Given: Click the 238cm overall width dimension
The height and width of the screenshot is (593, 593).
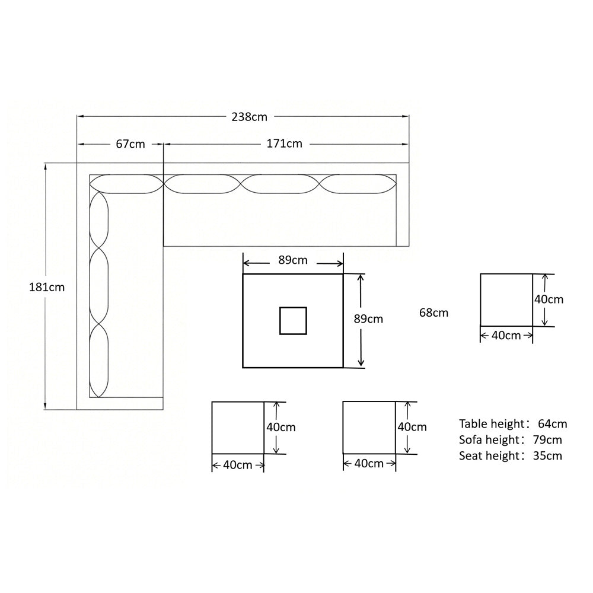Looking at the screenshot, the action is pos(249,117).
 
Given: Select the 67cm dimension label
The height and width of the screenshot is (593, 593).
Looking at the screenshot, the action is pos(130,144).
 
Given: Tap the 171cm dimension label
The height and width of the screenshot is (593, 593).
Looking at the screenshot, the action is pos(285,144).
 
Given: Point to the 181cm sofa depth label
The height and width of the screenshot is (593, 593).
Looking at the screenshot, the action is pos(47,288).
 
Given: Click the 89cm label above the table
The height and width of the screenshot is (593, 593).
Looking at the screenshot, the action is pos(293,260).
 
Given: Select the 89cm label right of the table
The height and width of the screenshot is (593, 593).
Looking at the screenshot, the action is pos(368,319).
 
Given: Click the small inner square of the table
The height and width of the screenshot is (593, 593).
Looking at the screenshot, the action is pos(293,321).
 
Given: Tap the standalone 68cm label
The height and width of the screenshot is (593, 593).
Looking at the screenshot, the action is pos(434,313).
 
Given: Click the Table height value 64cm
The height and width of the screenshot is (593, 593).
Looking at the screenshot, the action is pos(553,423).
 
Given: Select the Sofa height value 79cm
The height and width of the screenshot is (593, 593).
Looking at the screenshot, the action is pos(547,440).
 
